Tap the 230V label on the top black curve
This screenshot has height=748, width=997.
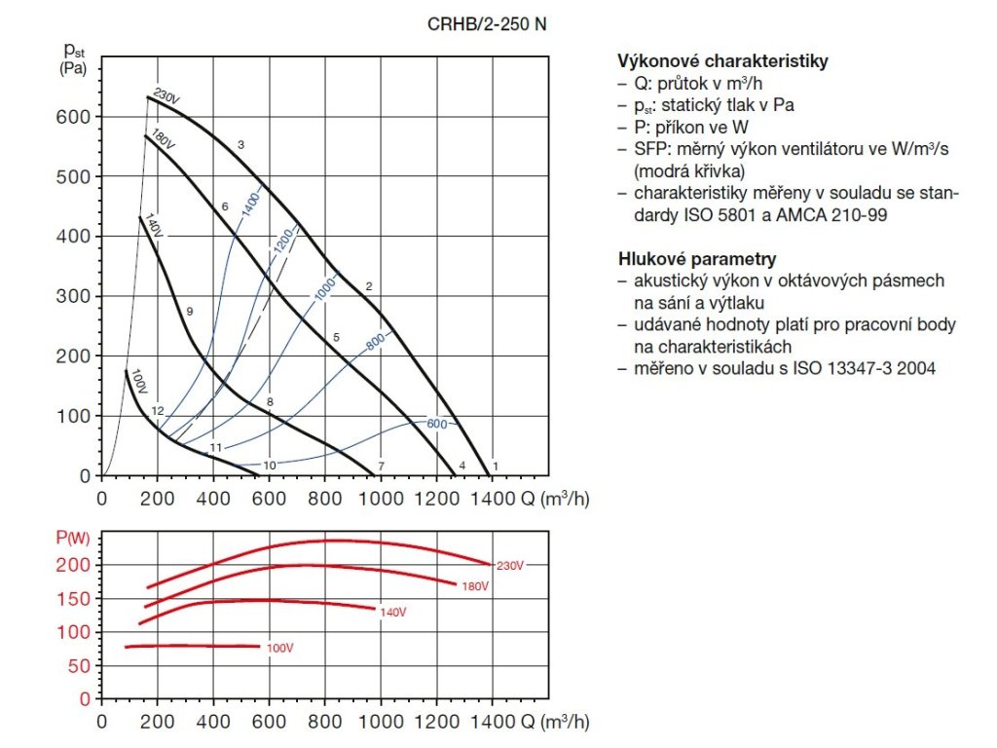(166, 98)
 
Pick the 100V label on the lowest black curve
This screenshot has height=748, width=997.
(137, 381)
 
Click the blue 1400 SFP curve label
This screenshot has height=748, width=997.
(250, 206)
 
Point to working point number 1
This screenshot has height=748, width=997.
(495, 466)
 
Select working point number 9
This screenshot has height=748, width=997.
(190, 312)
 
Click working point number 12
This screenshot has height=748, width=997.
(158, 411)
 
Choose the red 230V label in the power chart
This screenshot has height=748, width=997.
(510, 566)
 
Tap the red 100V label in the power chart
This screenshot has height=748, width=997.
(279, 648)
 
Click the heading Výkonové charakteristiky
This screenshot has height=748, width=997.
(722, 61)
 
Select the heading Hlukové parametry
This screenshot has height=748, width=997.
(697, 259)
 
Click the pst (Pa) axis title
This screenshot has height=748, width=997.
(73, 58)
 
